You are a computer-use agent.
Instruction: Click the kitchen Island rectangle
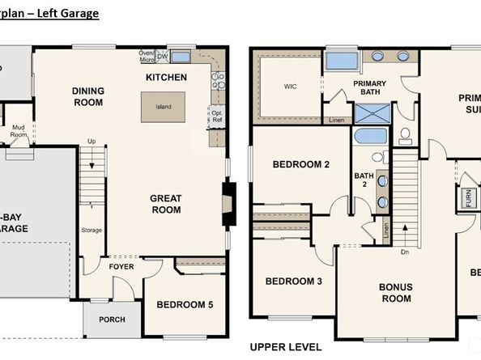[x=163, y=106]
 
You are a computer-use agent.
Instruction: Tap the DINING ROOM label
[x=87, y=96]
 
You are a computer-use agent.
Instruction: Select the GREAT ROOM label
[x=165, y=204]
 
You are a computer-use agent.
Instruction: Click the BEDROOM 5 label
[x=185, y=304]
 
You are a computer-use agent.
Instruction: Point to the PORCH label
[x=112, y=320]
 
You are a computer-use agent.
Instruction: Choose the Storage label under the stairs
[x=92, y=231]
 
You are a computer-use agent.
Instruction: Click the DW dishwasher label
[x=162, y=56]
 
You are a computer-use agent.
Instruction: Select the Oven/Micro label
[x=147, y=56]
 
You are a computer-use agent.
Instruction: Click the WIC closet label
[x=290, y=86]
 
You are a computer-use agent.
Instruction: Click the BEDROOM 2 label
[x=300, y=164]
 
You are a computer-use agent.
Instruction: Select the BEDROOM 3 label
[x=293, y=282]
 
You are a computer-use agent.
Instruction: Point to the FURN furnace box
[x=468, y=197]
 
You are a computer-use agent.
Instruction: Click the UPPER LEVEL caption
[x=287, y=347]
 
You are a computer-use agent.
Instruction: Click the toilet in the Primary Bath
[x=406, y=134]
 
